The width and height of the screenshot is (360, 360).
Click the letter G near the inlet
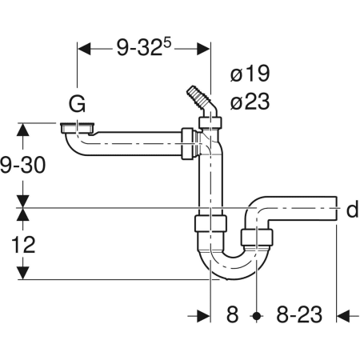pos(78,104)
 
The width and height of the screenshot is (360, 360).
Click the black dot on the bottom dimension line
pos(256,315)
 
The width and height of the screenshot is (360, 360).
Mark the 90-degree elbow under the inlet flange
pos(74,145)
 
